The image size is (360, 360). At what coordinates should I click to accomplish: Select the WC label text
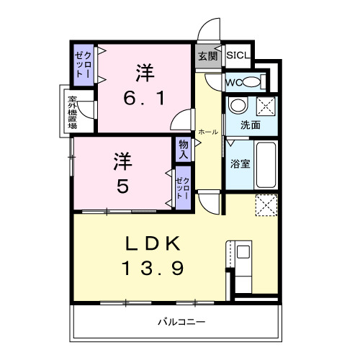pyautogui.click(x=235, y=81)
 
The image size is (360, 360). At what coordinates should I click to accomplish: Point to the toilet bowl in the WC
pyautogui.click(x=251, y=81)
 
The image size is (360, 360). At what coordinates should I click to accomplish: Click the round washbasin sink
pyautogui.click(x=237, y=106)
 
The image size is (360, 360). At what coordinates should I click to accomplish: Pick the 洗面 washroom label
pyautogui.click(x=250, y=125)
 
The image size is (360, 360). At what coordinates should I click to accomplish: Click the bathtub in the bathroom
pyautogui.click(x=267, y=164)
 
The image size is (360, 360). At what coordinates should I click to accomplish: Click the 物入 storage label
pyautogui.click(x=183, y=149)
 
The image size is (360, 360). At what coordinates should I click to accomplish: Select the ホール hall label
pyautogui.click(x=208, y=132)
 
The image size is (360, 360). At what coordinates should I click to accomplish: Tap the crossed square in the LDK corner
pyautogui.click(x=266, y=204)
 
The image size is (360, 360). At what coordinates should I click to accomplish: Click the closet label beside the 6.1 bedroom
pyautogui.click(x=83, y=66)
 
